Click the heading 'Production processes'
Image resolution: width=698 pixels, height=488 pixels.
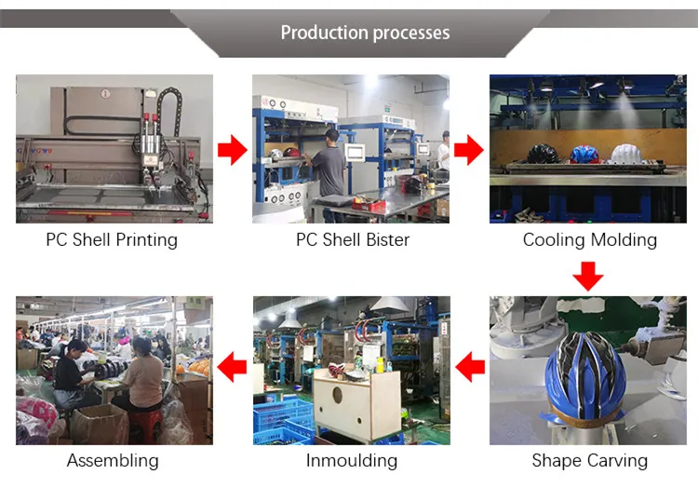tap(365, 33)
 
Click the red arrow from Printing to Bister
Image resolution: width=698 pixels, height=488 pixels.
tap(232, 148)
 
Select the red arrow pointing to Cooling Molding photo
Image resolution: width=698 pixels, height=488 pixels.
tap(469, 148)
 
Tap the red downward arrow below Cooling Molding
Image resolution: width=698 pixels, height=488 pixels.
tap(588, 276)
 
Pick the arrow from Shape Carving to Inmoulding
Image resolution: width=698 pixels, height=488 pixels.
tap(470, 370)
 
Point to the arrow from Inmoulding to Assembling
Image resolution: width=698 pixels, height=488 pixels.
tap(232, 370)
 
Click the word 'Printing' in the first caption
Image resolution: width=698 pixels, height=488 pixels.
tap(146, 239)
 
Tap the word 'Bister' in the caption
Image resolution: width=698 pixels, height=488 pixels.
tap(384, 239)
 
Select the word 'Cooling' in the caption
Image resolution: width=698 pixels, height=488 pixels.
tap(553, 239)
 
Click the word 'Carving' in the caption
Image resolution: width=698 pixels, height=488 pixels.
tap(617, 460)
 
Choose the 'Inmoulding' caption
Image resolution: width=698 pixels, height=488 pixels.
tap(351, 460)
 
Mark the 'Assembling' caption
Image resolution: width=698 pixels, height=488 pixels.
tap(113, 460)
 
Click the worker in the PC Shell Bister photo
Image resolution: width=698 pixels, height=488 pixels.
tap(328, 168)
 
